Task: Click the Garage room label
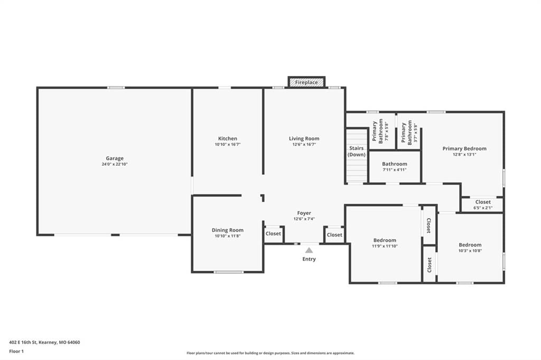[x=115, y=158]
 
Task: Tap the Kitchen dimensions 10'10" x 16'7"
[x=228, y=145]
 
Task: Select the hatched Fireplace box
[x=306, y=82]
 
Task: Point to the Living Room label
[x=304, y=139]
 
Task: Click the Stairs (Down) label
[x=357, y=151]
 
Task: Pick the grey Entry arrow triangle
[x=309, y=250]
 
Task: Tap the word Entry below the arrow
[x=309, y=259]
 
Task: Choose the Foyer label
[x=304, y=213]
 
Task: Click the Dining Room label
[x=228, y=230]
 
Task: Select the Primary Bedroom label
[x=464, y=149]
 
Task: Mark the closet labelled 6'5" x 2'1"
[x=483, y=205]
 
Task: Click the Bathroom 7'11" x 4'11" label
[x=394, y=167]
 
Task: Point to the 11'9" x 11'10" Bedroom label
[x=385, y=243]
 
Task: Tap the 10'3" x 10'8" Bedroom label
[x=470, y=248]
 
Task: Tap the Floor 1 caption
[x=16, y=352]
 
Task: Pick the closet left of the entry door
[x=273, y=234]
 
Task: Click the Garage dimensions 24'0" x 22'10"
[x=115, y=164]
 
